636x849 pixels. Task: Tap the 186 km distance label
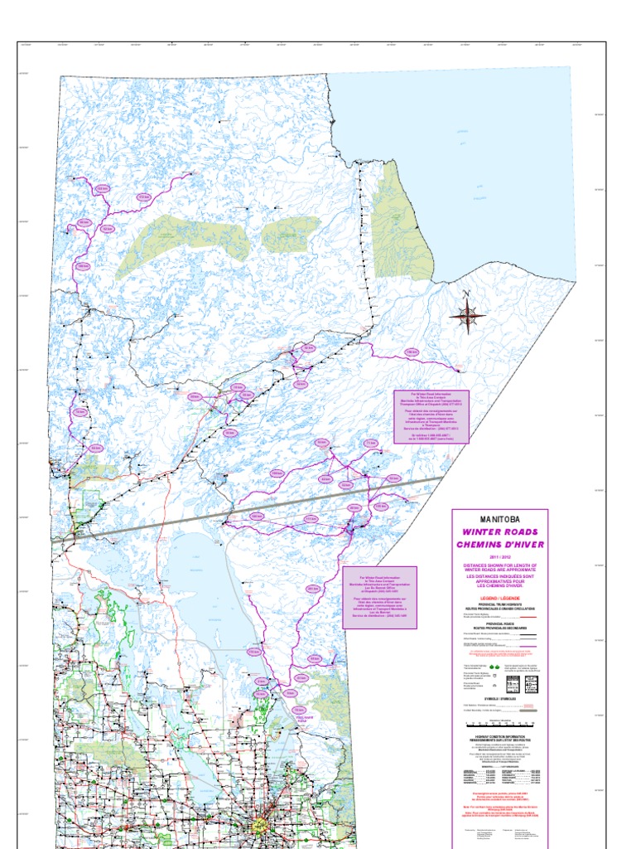click(x=412, y=352)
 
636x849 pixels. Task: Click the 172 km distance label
click(x=144, y=196)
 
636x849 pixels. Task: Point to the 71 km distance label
click(x=371, y=444)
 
